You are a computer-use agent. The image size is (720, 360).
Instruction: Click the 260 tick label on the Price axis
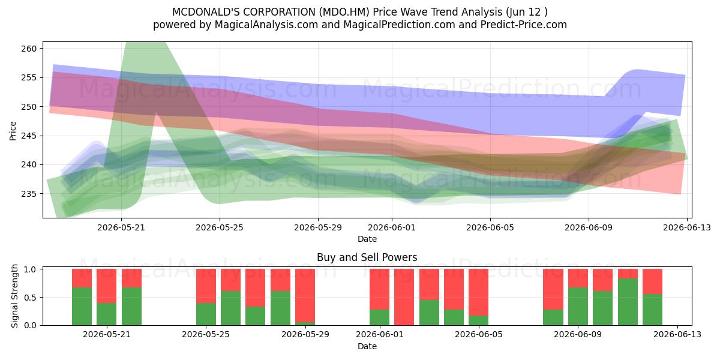coord(29,49)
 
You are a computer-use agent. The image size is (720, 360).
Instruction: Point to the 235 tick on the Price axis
coord(29,194)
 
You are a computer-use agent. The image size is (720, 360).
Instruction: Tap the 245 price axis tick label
coord(29,136)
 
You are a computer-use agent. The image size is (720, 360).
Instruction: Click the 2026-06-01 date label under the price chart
coord(392,227)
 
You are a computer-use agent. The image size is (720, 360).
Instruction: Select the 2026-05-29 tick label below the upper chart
coord(318,227)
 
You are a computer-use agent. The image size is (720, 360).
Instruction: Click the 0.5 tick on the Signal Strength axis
coord(30,298)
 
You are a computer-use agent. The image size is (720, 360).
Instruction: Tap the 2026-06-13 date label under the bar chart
coord(677,335)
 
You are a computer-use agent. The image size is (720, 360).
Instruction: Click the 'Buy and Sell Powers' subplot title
coord(367,257)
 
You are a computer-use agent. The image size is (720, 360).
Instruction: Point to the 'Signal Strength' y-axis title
coord(14,296)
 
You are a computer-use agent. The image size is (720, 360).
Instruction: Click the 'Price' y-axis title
coord(13,131)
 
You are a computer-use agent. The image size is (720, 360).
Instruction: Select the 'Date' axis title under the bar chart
coord(367,346)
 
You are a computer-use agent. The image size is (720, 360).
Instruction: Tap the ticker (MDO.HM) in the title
coord(344,12)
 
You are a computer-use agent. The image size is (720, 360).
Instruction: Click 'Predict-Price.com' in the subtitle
coord(524,25)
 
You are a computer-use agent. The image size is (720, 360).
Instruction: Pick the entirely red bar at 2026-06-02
coord(404,297)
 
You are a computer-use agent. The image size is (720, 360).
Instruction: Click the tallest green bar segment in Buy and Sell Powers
coord(628,302)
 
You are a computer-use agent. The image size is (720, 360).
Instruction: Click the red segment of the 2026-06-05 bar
coord(478,292)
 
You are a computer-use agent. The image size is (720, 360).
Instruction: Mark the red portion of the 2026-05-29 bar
coord(305,295)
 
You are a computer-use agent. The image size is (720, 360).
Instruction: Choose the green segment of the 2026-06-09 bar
coord(578,307)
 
